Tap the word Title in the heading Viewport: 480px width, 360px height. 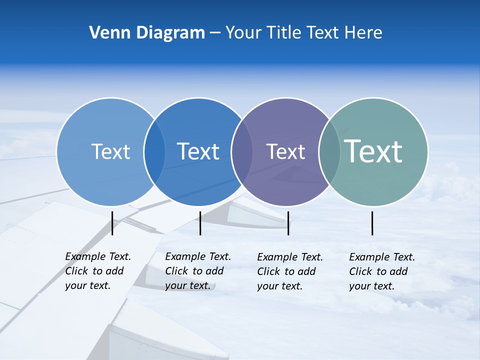pyautogui.click(x=285, y=33)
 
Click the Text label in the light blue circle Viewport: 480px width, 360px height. pyautogui.click(x=110, y=151)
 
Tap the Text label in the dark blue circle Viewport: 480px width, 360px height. pyautogui.click(x=198, y=151)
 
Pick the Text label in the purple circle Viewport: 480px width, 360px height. pyautogui.click(x=285, y=151)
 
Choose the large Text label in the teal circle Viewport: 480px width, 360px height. pyautogui.click(x=373, y=151)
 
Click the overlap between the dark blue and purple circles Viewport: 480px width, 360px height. pyautogui.click(x=241, y=152)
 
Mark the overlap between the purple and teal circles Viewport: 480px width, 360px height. pyautogui.click(x=329, y=152)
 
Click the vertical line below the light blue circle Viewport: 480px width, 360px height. pyautogui.click(x=112, y=223)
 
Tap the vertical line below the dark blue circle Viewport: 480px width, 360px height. pyautogui.click(x=200, y=223)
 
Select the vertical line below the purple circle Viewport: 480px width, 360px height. pyautogui.click(x=288, y=223)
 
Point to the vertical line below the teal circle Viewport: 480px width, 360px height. pyautogui.click(x=372, y=223)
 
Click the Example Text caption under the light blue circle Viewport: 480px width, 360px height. pyautogui.click(x=98, y=271)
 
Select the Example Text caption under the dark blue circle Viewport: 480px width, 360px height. pyautogui.click(x=198, y=271)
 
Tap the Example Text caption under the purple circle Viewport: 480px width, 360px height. pyautogui.click(x=290, y=271)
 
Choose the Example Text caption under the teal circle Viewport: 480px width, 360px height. pyautogui.click(x=382, y=271)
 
